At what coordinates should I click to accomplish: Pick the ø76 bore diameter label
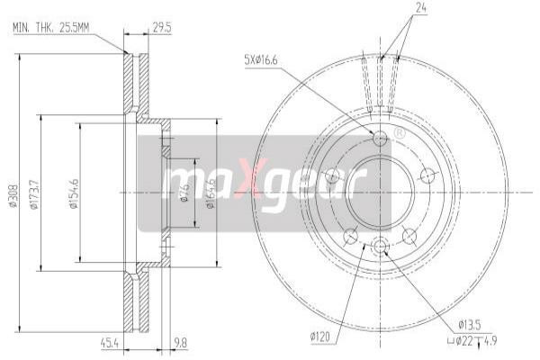(x=184, y=192)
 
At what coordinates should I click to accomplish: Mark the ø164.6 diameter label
(x=209, y=193)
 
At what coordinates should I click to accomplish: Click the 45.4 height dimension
(x=112, y=341)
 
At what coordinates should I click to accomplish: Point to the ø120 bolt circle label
(x=320, y=337)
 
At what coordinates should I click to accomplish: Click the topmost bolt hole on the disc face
(x=380, y=138)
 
